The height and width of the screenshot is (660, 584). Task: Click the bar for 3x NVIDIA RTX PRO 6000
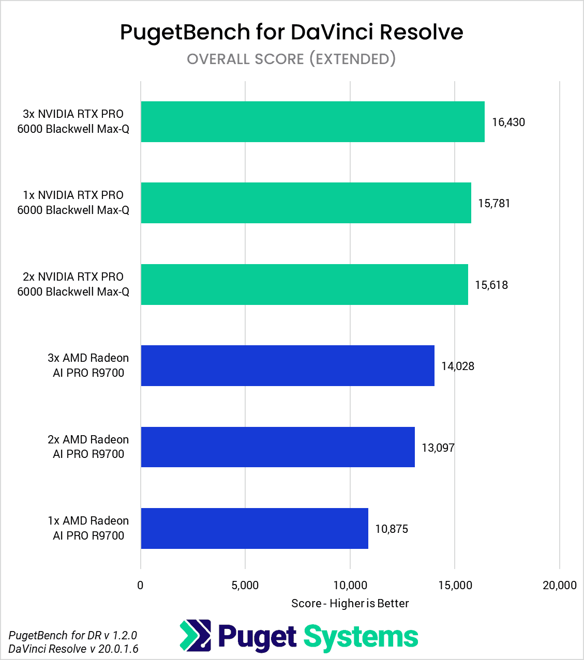click(312, 122)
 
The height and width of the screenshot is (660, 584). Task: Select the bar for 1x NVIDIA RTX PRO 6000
click(306, 203)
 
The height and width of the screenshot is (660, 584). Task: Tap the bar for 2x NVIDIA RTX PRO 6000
click(304, 285)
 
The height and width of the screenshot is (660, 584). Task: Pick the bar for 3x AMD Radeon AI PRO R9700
click(288, 366)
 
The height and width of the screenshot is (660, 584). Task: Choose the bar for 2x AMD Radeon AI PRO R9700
click(278, 447)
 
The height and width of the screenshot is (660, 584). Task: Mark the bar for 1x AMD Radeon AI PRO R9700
click(254, 529)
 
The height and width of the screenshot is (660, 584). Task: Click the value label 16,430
click(508, 122)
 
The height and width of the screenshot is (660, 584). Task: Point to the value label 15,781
click(494, 204)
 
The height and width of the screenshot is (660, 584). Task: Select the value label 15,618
click(491, 285)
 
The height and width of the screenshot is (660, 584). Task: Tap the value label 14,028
click(458, 366)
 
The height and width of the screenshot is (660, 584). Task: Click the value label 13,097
click(438, 448)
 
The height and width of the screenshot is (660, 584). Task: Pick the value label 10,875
click(392, 529)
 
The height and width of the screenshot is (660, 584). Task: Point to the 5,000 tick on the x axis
click(245, 586)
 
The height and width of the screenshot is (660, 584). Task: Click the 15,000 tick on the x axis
click(455, 586)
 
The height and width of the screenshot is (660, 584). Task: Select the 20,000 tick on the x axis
click(559, 586)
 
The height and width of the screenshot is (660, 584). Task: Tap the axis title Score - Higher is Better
click(350, 604)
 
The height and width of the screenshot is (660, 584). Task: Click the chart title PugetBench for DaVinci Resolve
click(292, 32)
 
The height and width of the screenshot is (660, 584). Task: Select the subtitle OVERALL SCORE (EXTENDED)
click(291, 59)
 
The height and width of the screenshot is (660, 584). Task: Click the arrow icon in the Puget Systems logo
click(196, 635)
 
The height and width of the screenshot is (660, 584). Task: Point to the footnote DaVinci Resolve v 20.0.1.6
click(73, 649)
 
